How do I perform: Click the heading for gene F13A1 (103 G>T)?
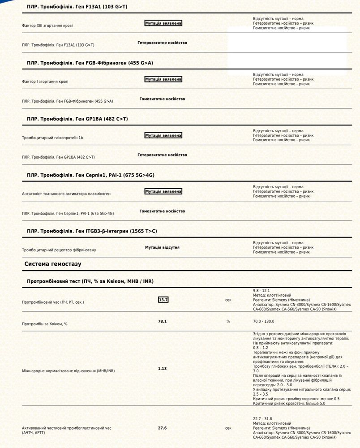tap(77, 7)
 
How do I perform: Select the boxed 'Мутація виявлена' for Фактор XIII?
tap(163, 23)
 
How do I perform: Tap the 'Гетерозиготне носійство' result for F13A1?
tap(162, 43)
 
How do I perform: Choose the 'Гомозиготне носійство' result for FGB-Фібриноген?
tap(162, 99)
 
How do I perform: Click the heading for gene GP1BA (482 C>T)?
tap(77, 119)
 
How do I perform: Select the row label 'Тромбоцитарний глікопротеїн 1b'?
tap(52, 138)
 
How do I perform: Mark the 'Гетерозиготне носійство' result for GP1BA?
tap(162, 155)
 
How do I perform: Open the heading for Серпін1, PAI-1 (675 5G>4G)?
tap(90, 175)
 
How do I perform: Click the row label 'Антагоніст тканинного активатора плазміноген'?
tap(66, 194)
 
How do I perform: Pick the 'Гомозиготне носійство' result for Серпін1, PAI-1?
tap(162, 211)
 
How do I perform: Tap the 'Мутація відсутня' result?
tap(162, 247)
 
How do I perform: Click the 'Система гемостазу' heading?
tap(53, 264)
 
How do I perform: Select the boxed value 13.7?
tap(163, 300)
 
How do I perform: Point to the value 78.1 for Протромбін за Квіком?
tap(162, 321)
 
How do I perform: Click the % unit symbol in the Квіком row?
tap(228, 321)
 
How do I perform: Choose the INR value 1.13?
tap(162, 369)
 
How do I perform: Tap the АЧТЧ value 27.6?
tap(162, 428)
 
